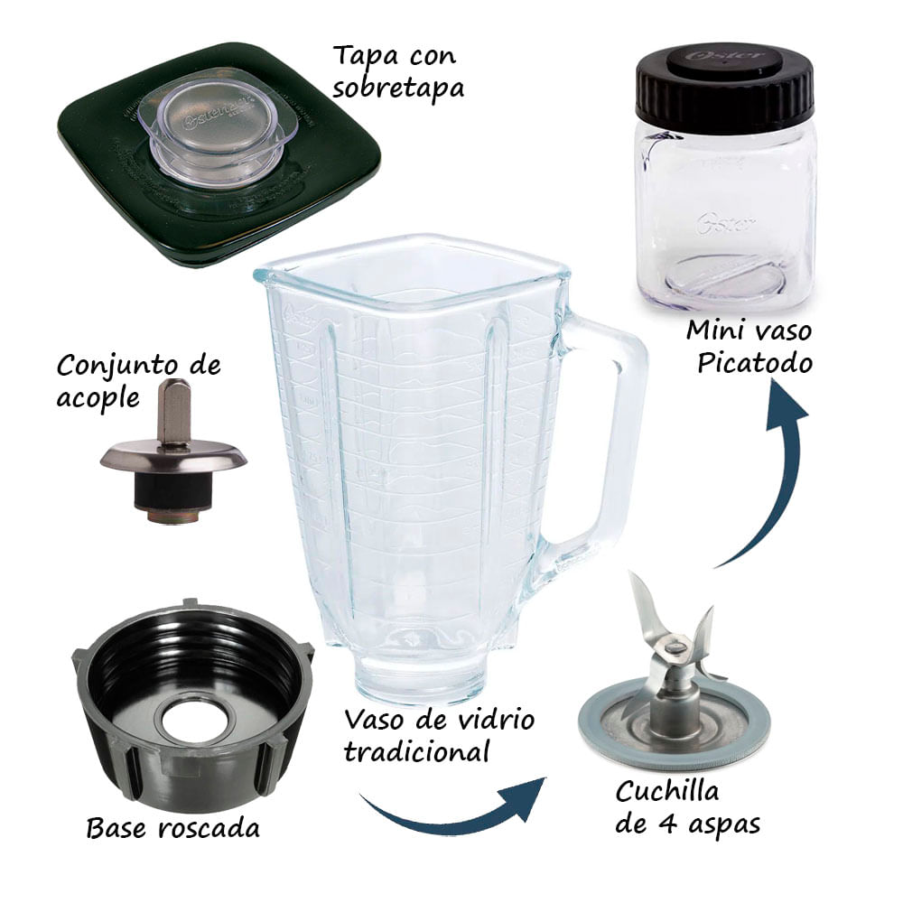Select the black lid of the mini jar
[x=725, y=86]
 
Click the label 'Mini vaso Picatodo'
[x=748, y=346]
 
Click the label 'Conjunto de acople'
[x=138, y=383]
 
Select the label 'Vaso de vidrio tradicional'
[x=439, y=735]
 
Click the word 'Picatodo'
[x=748, y=362]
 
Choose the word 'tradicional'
[x=417, y=751]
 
